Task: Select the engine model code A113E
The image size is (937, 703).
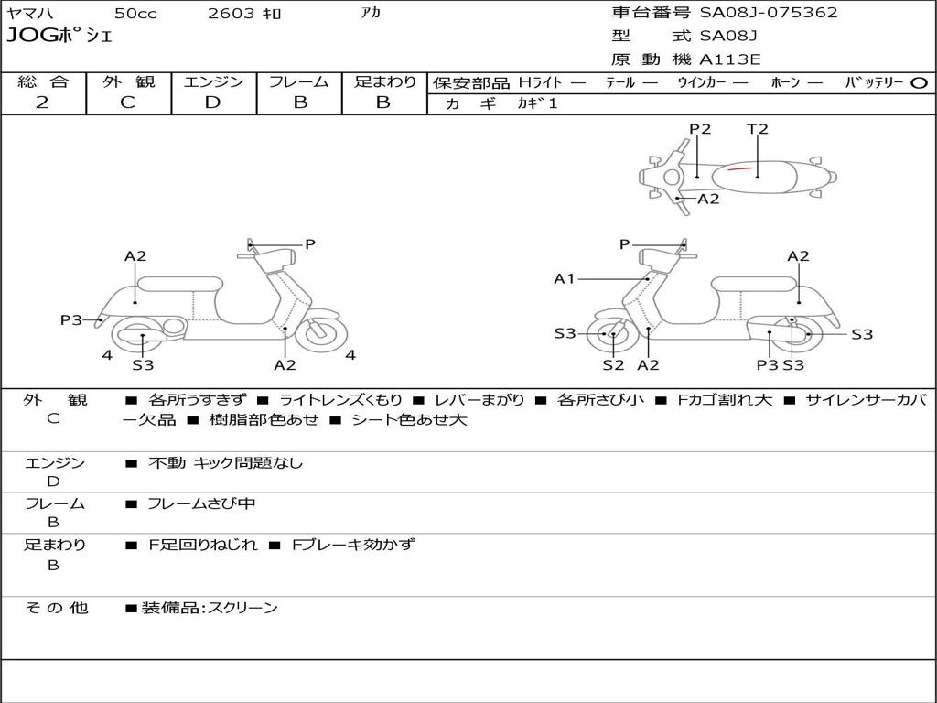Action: (x=730, y=60)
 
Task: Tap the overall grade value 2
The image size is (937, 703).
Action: (x=42, y=103)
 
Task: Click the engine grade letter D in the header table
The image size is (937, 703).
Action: (x=213, y=103)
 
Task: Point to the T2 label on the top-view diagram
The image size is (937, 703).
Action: (x=758, y=129)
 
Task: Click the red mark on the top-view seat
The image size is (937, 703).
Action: (x=739, y=169)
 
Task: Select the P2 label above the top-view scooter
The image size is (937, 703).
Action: (x=700, y=129)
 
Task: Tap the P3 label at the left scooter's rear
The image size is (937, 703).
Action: (x=71, y=319)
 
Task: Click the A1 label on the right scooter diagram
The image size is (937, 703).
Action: (x=565, y=278)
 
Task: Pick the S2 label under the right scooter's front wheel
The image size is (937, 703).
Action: (x=613, y=365)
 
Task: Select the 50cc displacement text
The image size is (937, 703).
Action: (x=135, y=13)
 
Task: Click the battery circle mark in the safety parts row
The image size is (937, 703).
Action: (x=920, y=82)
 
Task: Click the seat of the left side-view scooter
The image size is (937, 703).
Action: (x=179, y=283)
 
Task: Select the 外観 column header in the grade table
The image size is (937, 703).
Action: (x=129, y=81)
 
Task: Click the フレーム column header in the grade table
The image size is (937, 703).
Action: (x=299, y=81)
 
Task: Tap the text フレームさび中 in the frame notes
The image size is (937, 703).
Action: (x=201, y=503)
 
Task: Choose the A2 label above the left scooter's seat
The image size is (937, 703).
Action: (x=135, y=256)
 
